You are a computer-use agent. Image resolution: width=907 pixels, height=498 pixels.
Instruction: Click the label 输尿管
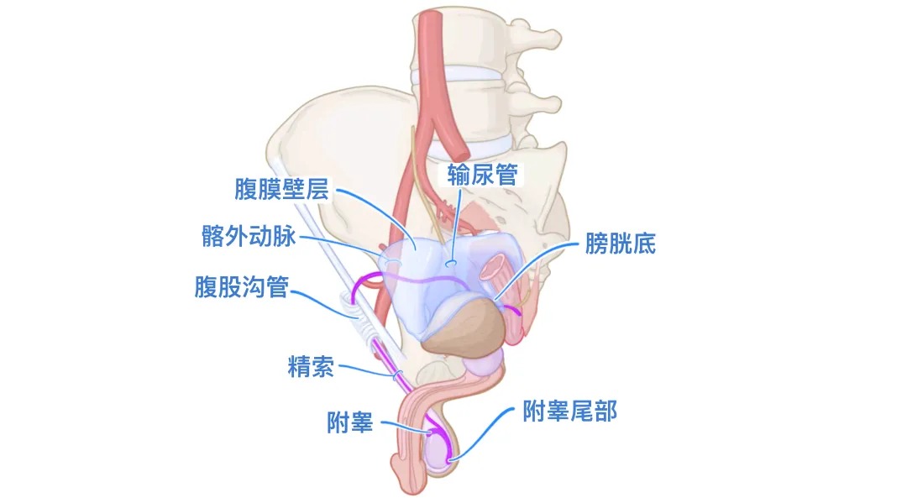(483, 174)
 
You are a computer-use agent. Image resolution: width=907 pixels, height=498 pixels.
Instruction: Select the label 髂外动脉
(249, 237)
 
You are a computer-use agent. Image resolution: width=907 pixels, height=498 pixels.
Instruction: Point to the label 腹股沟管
(241, 288)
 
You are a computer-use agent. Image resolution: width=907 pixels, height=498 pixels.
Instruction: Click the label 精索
(311, 367)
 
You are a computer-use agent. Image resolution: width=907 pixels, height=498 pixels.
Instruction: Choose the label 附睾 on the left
(350, 422)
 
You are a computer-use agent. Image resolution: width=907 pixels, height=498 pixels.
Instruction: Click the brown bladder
(466, 328)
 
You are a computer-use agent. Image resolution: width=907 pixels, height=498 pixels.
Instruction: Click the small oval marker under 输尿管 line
(452, 264)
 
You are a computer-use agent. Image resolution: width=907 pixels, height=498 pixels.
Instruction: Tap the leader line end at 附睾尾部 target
(451, 459)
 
